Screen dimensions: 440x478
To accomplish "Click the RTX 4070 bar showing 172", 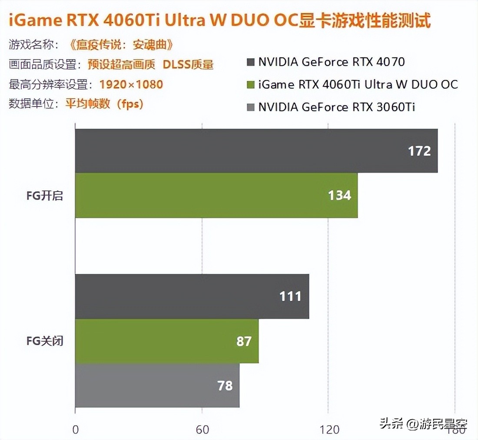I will click(x=256, y=150).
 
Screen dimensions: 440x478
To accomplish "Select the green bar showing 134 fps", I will click(x=216, y=195).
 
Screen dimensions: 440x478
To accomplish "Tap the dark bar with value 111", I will click(x=192, y=296).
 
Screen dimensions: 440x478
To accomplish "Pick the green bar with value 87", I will click(x=167, y=341).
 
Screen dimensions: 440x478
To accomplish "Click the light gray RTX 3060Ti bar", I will click(x=157, y=385).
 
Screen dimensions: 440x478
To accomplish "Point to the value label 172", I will click(x=419, y=151).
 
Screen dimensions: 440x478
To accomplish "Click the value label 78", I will click(x=225, y=385).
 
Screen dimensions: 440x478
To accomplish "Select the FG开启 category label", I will click(x=45, y=196).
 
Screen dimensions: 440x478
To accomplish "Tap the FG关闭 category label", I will click(x=45, y=340).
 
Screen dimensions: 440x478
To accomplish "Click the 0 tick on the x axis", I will click(x=76, y=430).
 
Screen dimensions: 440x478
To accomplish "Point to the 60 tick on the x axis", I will click(x=202, y=430).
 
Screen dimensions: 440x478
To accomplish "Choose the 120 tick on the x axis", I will click(x=329, y=430).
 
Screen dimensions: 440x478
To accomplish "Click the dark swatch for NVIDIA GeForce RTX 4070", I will click(x=249, y=62).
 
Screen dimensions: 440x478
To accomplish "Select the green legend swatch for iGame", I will click(x=249, y=84).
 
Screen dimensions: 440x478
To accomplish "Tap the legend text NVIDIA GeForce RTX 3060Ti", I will click(x=336, y=107).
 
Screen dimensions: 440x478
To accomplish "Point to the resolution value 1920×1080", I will click(x=131, y=84).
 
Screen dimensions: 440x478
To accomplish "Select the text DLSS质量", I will click(x=188, y=65).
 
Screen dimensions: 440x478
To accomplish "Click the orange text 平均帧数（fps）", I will click(x=104, y=104).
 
